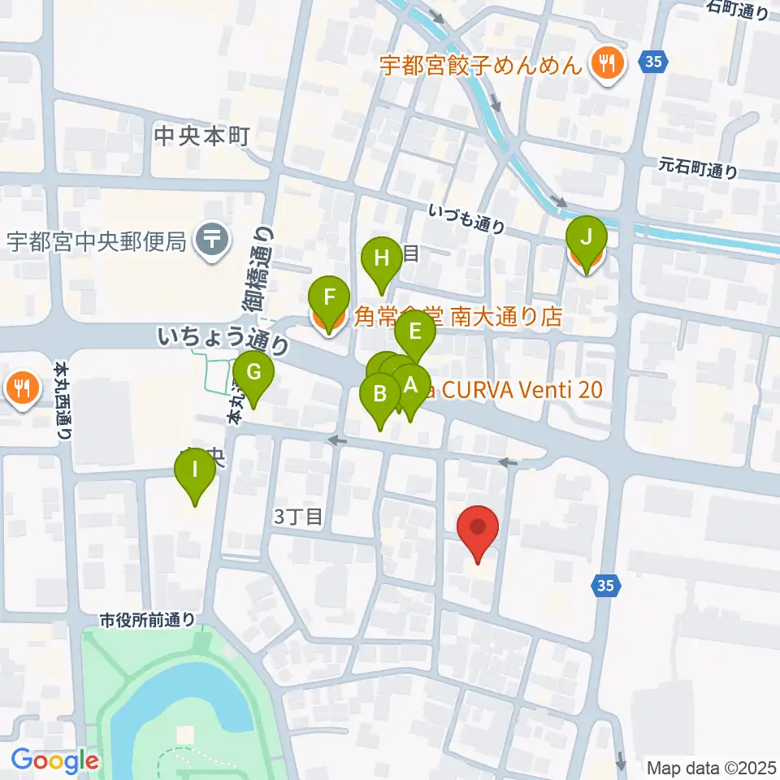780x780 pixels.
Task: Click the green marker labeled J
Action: (591, 239)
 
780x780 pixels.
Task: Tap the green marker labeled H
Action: (382, 260)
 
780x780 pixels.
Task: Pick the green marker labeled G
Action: (253, 374)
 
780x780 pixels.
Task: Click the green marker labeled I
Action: (195, 471)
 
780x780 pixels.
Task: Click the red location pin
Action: (478, 527)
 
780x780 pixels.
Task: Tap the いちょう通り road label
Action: (223, 340)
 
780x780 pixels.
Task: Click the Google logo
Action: (55, 761)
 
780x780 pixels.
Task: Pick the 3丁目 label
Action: (299, 516)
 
